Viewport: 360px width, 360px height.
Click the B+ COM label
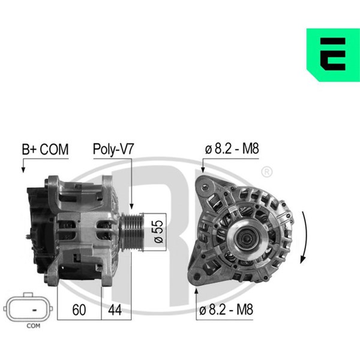[45, 149]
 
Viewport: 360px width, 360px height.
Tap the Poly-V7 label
[113, 149]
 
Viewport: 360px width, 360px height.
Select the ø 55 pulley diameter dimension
[158, 232]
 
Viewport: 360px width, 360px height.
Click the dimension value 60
[79, 310]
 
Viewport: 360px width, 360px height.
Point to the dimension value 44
[115, 310]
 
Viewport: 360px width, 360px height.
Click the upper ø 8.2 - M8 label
[232, 149]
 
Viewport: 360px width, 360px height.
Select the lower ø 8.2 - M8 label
[226, 310]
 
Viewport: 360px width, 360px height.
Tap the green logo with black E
[333, 55]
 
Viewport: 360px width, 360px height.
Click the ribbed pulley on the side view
[132, 232]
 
